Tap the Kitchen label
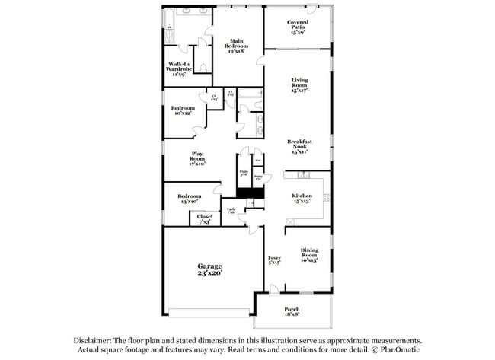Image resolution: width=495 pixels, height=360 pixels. pos(302,196)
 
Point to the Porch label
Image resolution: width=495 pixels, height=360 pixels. pos(292,309)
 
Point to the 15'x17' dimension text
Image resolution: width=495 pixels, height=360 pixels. pos(299,91)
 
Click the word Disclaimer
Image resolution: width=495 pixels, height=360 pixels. pos(93,342)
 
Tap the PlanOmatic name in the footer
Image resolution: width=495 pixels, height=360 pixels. pos(396,351)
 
